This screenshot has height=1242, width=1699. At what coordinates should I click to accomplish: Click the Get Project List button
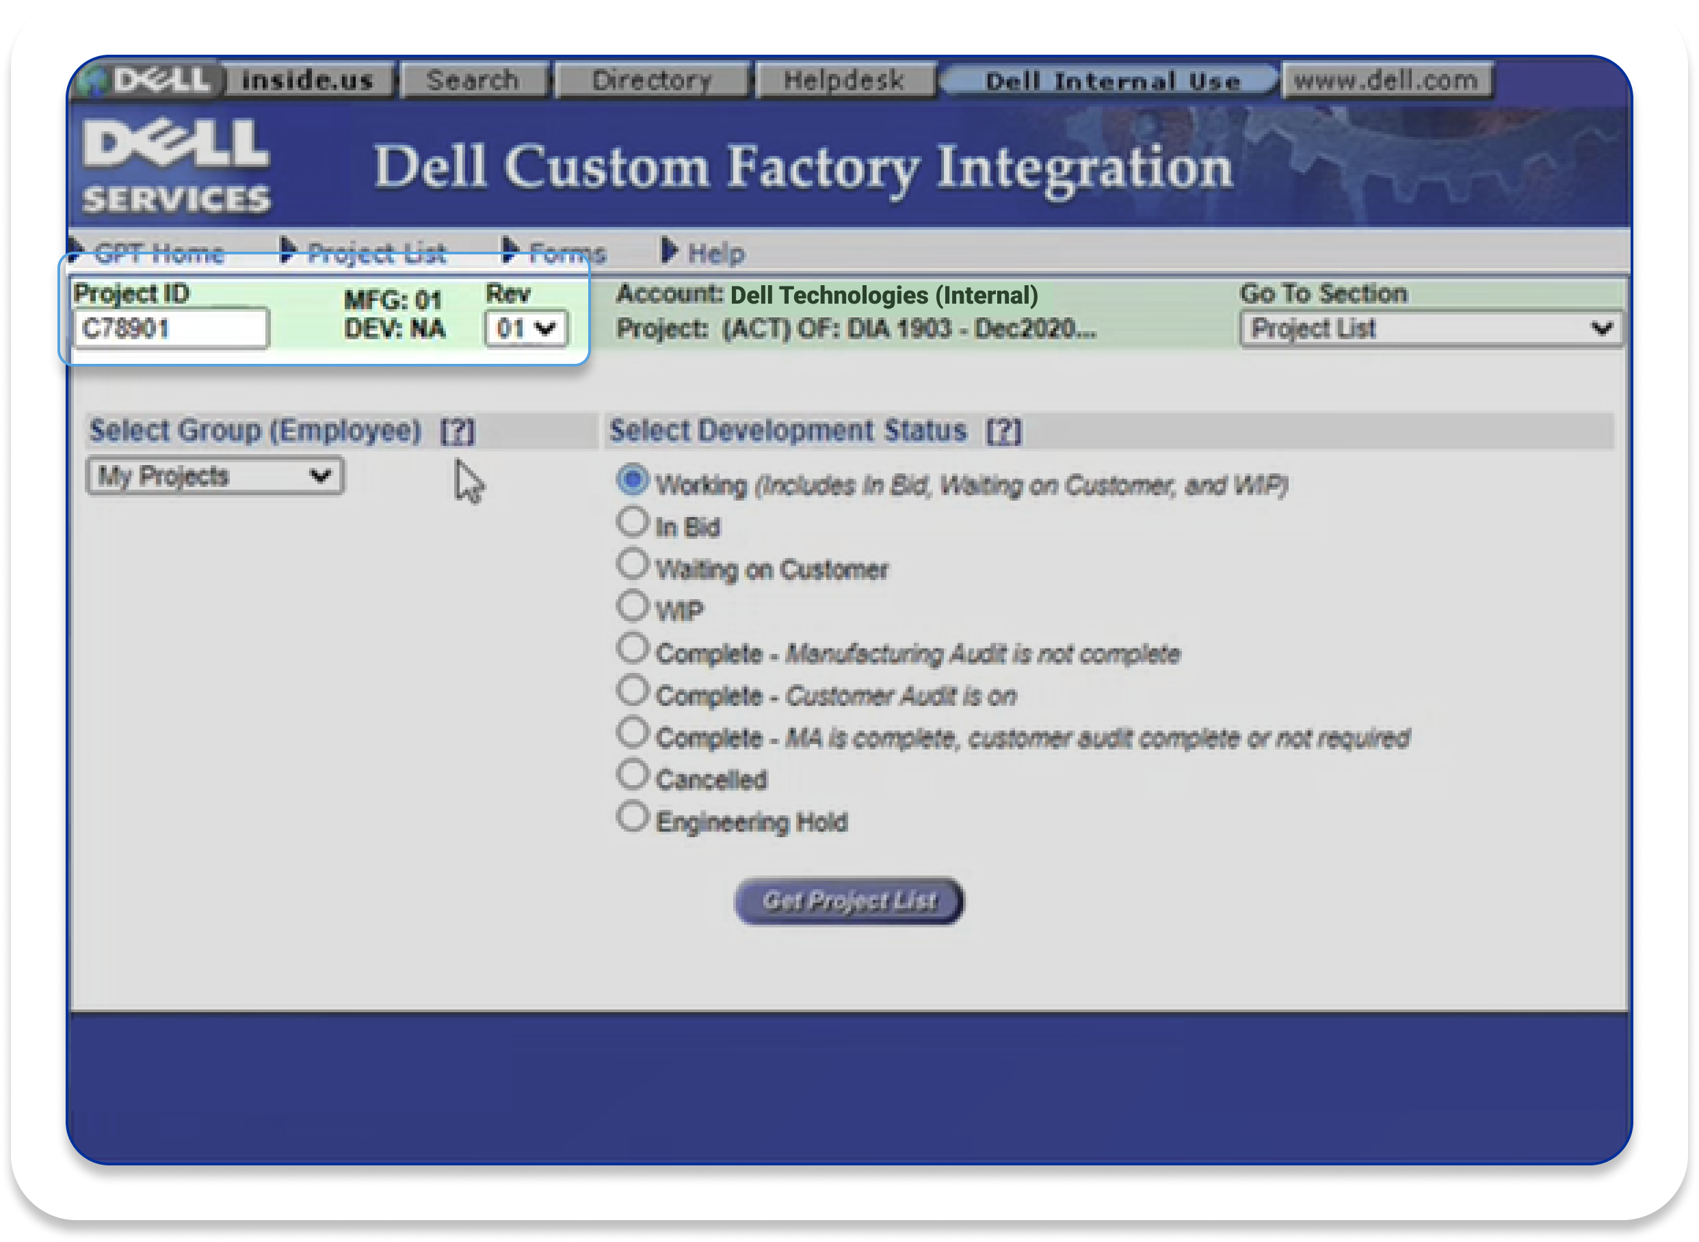tap(849, 901)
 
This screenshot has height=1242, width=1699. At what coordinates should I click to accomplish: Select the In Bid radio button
tap(632, 522)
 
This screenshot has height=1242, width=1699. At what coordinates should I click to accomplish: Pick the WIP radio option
tap(632, 606)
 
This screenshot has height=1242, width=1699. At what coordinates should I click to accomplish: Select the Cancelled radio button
tap(632, 774)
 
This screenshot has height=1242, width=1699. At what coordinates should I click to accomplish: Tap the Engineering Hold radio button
tap(632, 817)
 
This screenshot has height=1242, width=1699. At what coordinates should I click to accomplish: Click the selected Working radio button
tap(632, 479)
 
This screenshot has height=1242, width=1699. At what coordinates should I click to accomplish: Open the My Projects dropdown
tap(215, 476)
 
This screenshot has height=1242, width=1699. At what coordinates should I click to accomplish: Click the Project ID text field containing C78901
tap(170, 328)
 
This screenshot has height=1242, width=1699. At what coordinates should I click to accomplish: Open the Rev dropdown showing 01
tap(526, 328)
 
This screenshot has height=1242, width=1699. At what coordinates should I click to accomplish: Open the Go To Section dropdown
tap(1432, 328)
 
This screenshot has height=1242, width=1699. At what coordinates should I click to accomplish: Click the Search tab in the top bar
tap(473, 80)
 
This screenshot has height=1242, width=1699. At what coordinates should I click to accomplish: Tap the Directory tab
tap(652, 80)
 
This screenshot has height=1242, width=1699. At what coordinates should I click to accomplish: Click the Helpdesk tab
tap(844, 80)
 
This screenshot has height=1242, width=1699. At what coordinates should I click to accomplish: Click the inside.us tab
tap(308, 80)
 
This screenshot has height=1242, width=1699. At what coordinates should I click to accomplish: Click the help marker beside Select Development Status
tap(1004, 432)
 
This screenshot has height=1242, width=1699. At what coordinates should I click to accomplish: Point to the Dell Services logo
tap(176, 166)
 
